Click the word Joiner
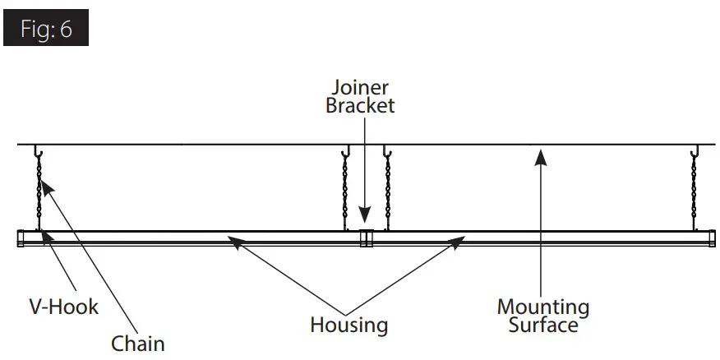[360, 86]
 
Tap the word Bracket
[360, 105]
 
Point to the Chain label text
[138, 343]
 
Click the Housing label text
[348, 325]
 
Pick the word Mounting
[542, 307]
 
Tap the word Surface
[542, 325]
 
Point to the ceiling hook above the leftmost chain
[38, 152]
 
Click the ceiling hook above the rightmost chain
[695, 152]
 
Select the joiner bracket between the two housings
[366, 239]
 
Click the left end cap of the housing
[21, 239]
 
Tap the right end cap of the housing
[708, 239]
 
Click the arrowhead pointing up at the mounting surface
[540, 155]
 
